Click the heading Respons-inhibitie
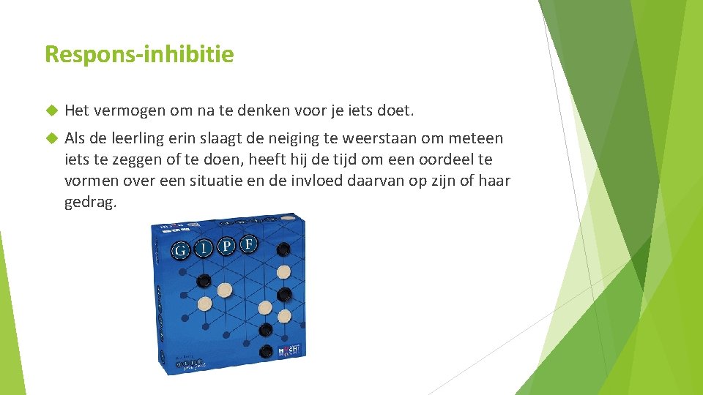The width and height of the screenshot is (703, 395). tap(139, 54)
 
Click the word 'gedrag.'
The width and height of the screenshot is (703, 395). tap(91, 202)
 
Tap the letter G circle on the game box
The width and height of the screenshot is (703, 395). tap(179, 251)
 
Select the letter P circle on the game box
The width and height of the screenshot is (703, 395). tap(227, 247)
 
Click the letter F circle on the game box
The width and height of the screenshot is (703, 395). tap(250, 243)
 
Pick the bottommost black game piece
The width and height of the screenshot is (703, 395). tap(267, 351)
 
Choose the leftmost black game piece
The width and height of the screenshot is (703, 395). tap(204, 281)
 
